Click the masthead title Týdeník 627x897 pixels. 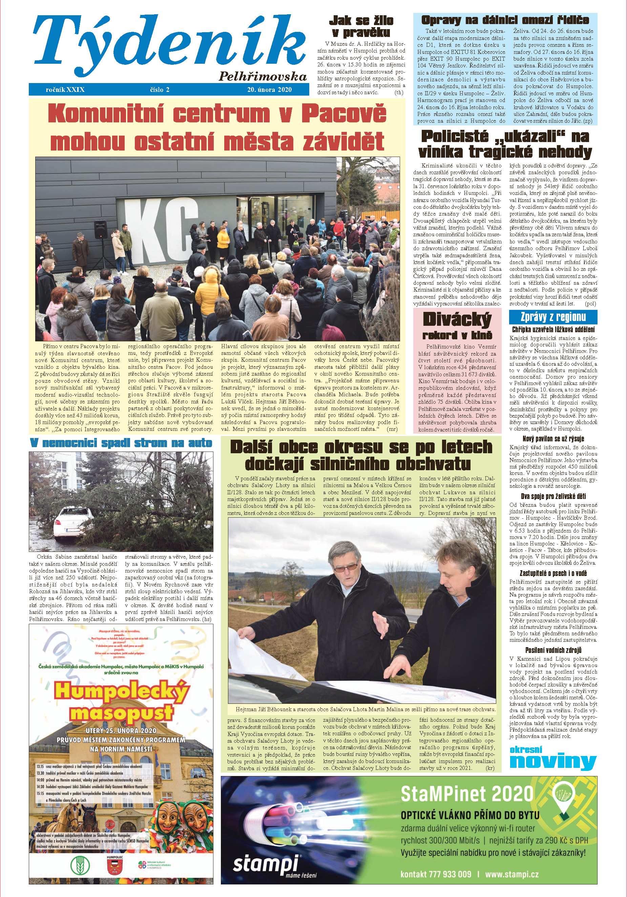click(x=168, y=43)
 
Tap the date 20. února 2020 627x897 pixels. click(x=269, y=89)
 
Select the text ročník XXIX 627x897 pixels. click(x=65, y=89)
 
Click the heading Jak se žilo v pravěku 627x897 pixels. click(x=361, y=26)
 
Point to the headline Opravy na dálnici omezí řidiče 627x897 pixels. click(x=505, y=20)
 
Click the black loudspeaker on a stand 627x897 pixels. click(x=101, y=228)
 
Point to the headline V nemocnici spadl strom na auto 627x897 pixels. click(x=121, y=443)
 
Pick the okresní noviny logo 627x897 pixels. click(x=552, y=758)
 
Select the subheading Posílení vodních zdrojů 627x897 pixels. click(x=553, y=650)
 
